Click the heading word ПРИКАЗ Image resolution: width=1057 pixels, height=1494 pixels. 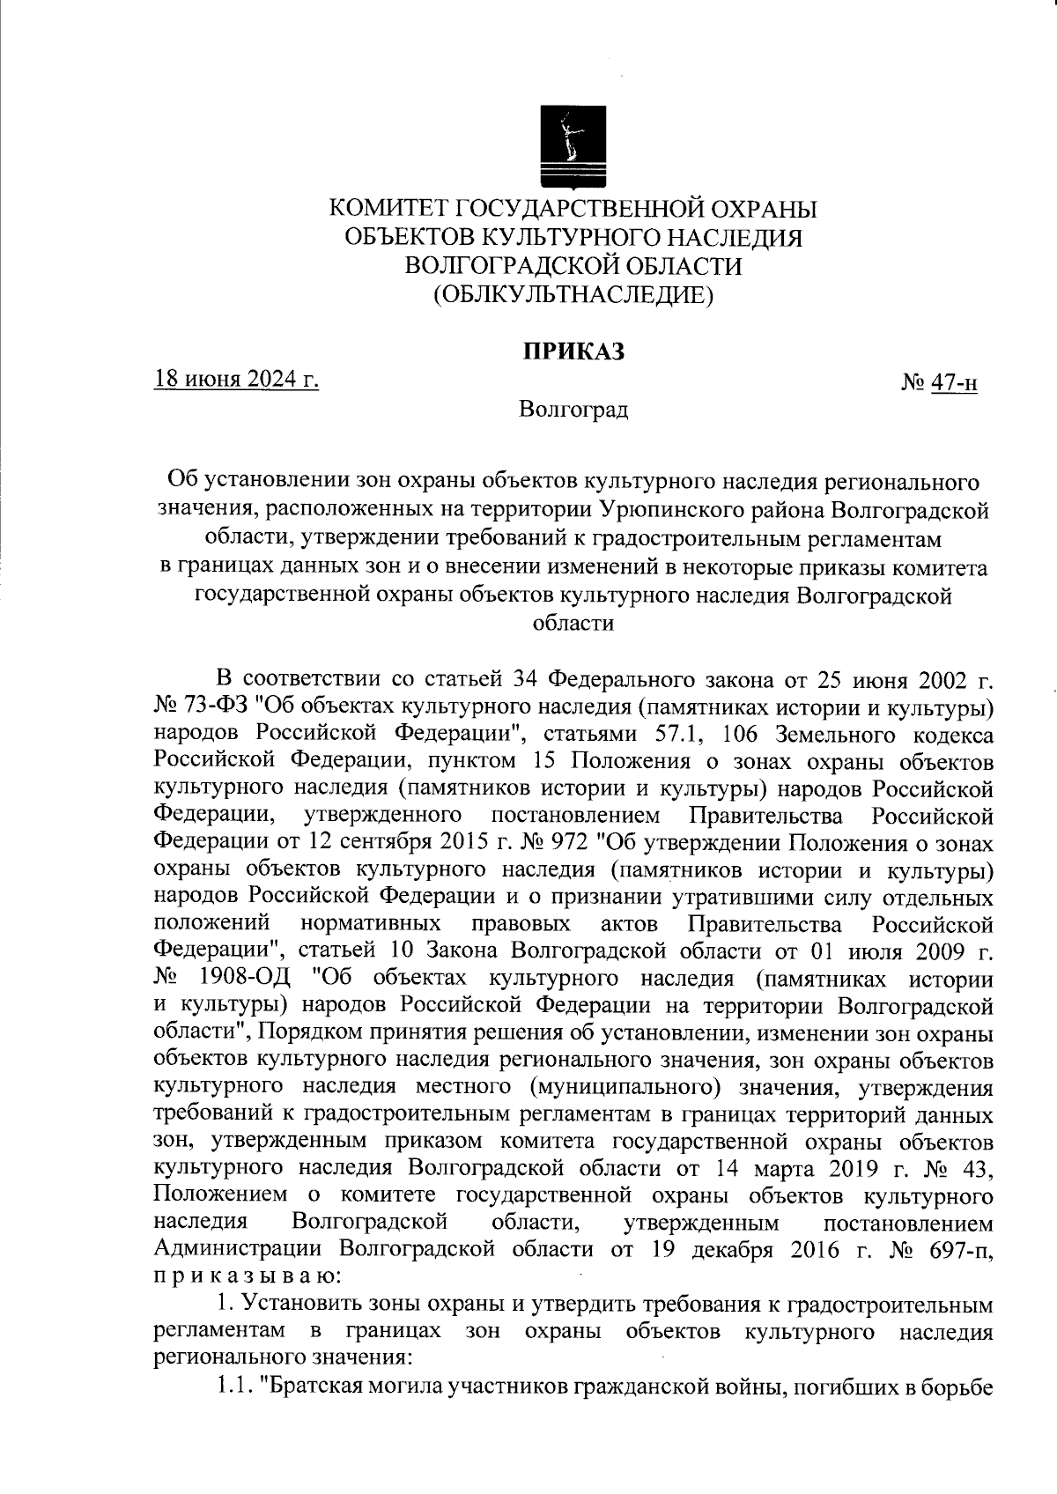point(574,351)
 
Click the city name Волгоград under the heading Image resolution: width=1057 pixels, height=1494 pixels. point(574,410)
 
